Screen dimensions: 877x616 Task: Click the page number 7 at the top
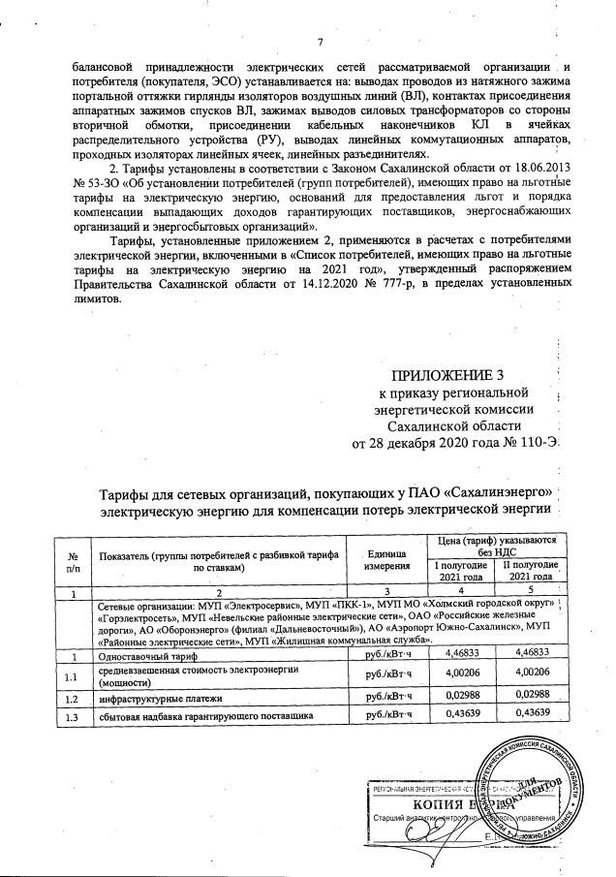point(319,41)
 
